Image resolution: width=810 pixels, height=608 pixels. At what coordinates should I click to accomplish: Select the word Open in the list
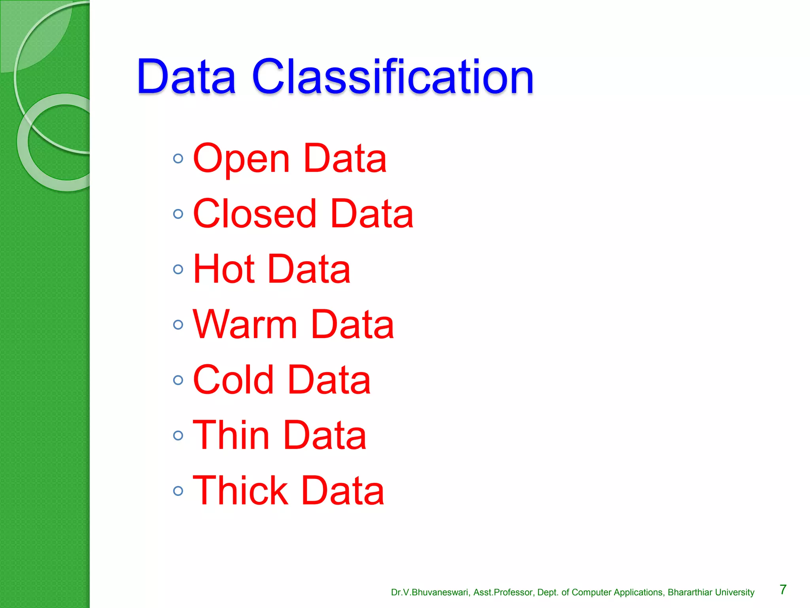242,159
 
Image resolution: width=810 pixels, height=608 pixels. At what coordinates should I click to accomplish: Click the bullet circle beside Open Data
178,159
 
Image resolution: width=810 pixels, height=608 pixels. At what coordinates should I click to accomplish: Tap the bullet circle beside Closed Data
178,214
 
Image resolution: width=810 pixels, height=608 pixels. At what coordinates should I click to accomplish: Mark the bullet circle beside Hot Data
178,270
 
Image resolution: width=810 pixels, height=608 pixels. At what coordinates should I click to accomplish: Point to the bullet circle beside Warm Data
178,325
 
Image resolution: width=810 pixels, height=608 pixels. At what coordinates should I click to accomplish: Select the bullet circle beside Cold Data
178,380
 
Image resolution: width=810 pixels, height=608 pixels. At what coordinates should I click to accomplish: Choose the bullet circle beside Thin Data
178,436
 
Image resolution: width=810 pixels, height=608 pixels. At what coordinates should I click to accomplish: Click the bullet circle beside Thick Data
178,491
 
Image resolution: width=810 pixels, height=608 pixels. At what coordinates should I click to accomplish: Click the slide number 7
783,590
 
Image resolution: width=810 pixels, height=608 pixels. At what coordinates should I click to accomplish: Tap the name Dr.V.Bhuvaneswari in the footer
430,593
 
